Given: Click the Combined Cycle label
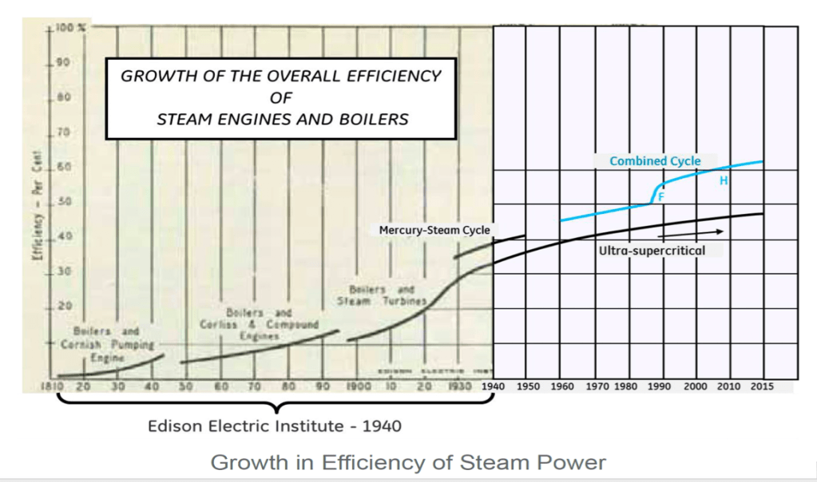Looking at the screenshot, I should click(x=655, y=161).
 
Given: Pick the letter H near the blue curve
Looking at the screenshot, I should click(x=724, y=181).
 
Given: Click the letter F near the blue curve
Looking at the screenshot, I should click(x=661, y=196).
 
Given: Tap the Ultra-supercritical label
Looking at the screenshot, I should click(x=652, y=250).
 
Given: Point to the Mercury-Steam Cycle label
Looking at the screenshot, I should click(x=434, y=230).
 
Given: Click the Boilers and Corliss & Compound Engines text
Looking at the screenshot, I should click(x=258, y=324).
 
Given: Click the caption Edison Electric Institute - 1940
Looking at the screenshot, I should click(x=275, y=426).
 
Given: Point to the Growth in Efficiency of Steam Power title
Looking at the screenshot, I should click(x=408, y=462).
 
